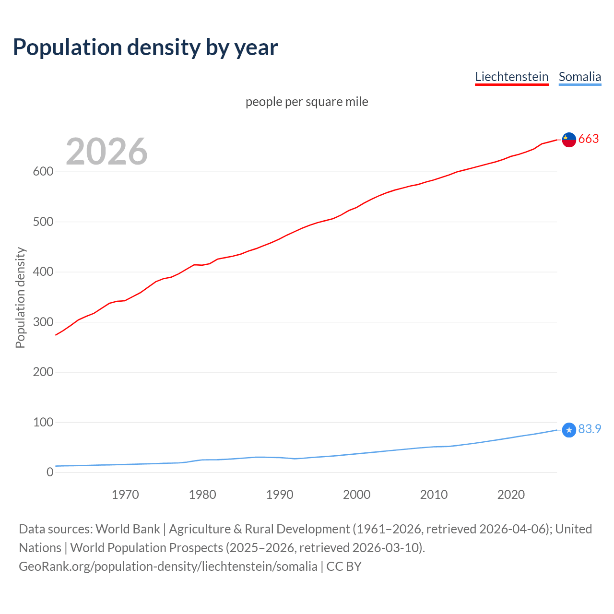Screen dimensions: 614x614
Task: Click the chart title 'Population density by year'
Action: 145,47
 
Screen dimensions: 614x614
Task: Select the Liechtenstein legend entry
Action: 511,77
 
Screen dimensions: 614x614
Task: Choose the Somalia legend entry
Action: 579,77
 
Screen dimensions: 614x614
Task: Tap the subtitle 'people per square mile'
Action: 307,102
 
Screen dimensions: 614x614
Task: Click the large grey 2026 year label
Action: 106,152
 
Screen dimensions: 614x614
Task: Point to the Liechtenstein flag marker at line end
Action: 569,140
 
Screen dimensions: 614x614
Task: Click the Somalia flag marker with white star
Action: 569,430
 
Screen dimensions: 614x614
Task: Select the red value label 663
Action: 589,139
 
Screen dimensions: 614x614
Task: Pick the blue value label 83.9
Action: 590,429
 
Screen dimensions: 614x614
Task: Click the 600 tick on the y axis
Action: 43,172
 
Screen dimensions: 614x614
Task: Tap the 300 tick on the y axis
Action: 43,322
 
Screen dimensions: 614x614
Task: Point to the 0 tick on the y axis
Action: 50,472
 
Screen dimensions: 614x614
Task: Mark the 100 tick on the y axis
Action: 43,422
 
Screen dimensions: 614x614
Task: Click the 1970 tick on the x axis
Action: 125,495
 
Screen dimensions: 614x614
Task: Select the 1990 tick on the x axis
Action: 280,495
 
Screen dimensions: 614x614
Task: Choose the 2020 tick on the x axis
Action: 511,495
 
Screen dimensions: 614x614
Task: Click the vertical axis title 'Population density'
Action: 20,297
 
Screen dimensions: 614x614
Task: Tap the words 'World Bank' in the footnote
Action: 128,529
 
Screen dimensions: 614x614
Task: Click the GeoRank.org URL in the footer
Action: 168,567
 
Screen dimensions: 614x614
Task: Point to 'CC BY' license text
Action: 344,567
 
